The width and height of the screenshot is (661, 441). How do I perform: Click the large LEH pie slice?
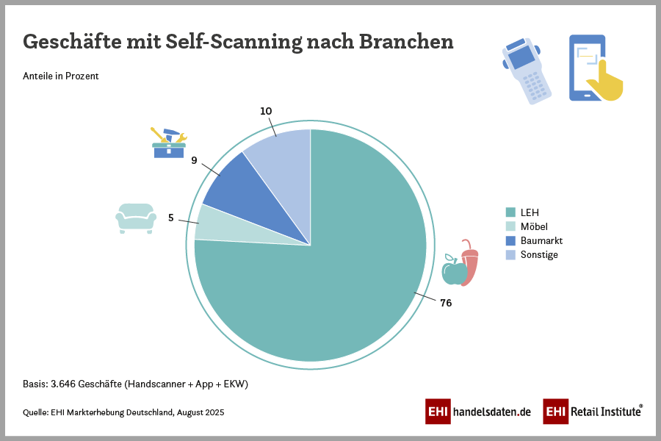pyautogui.click(x=330, y=294)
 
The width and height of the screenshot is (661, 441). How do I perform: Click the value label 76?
pyautogui.click(x=446, y=303)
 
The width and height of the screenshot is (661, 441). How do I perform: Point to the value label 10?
pyautogui.click(x=266, y=111)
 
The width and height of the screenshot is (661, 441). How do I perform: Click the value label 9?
pyautogui.click(x=194, y=159)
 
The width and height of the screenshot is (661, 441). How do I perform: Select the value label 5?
pyautogui.click(x=171, y=218)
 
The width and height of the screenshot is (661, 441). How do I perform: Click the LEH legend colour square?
pyautogui.click(x=510, y=212)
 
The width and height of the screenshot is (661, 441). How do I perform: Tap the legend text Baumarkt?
pyautogui.click(x=541, y=240)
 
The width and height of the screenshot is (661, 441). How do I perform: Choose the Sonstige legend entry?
pyautogui.click(x=539, y=254)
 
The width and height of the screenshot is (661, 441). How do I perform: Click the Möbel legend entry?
pyautogui.click(x=533, y=226)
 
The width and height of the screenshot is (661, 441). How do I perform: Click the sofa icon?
pyautogui.click(x=136, y=218)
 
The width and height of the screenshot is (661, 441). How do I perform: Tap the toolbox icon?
pyautogui.click(x=169, y=144)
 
